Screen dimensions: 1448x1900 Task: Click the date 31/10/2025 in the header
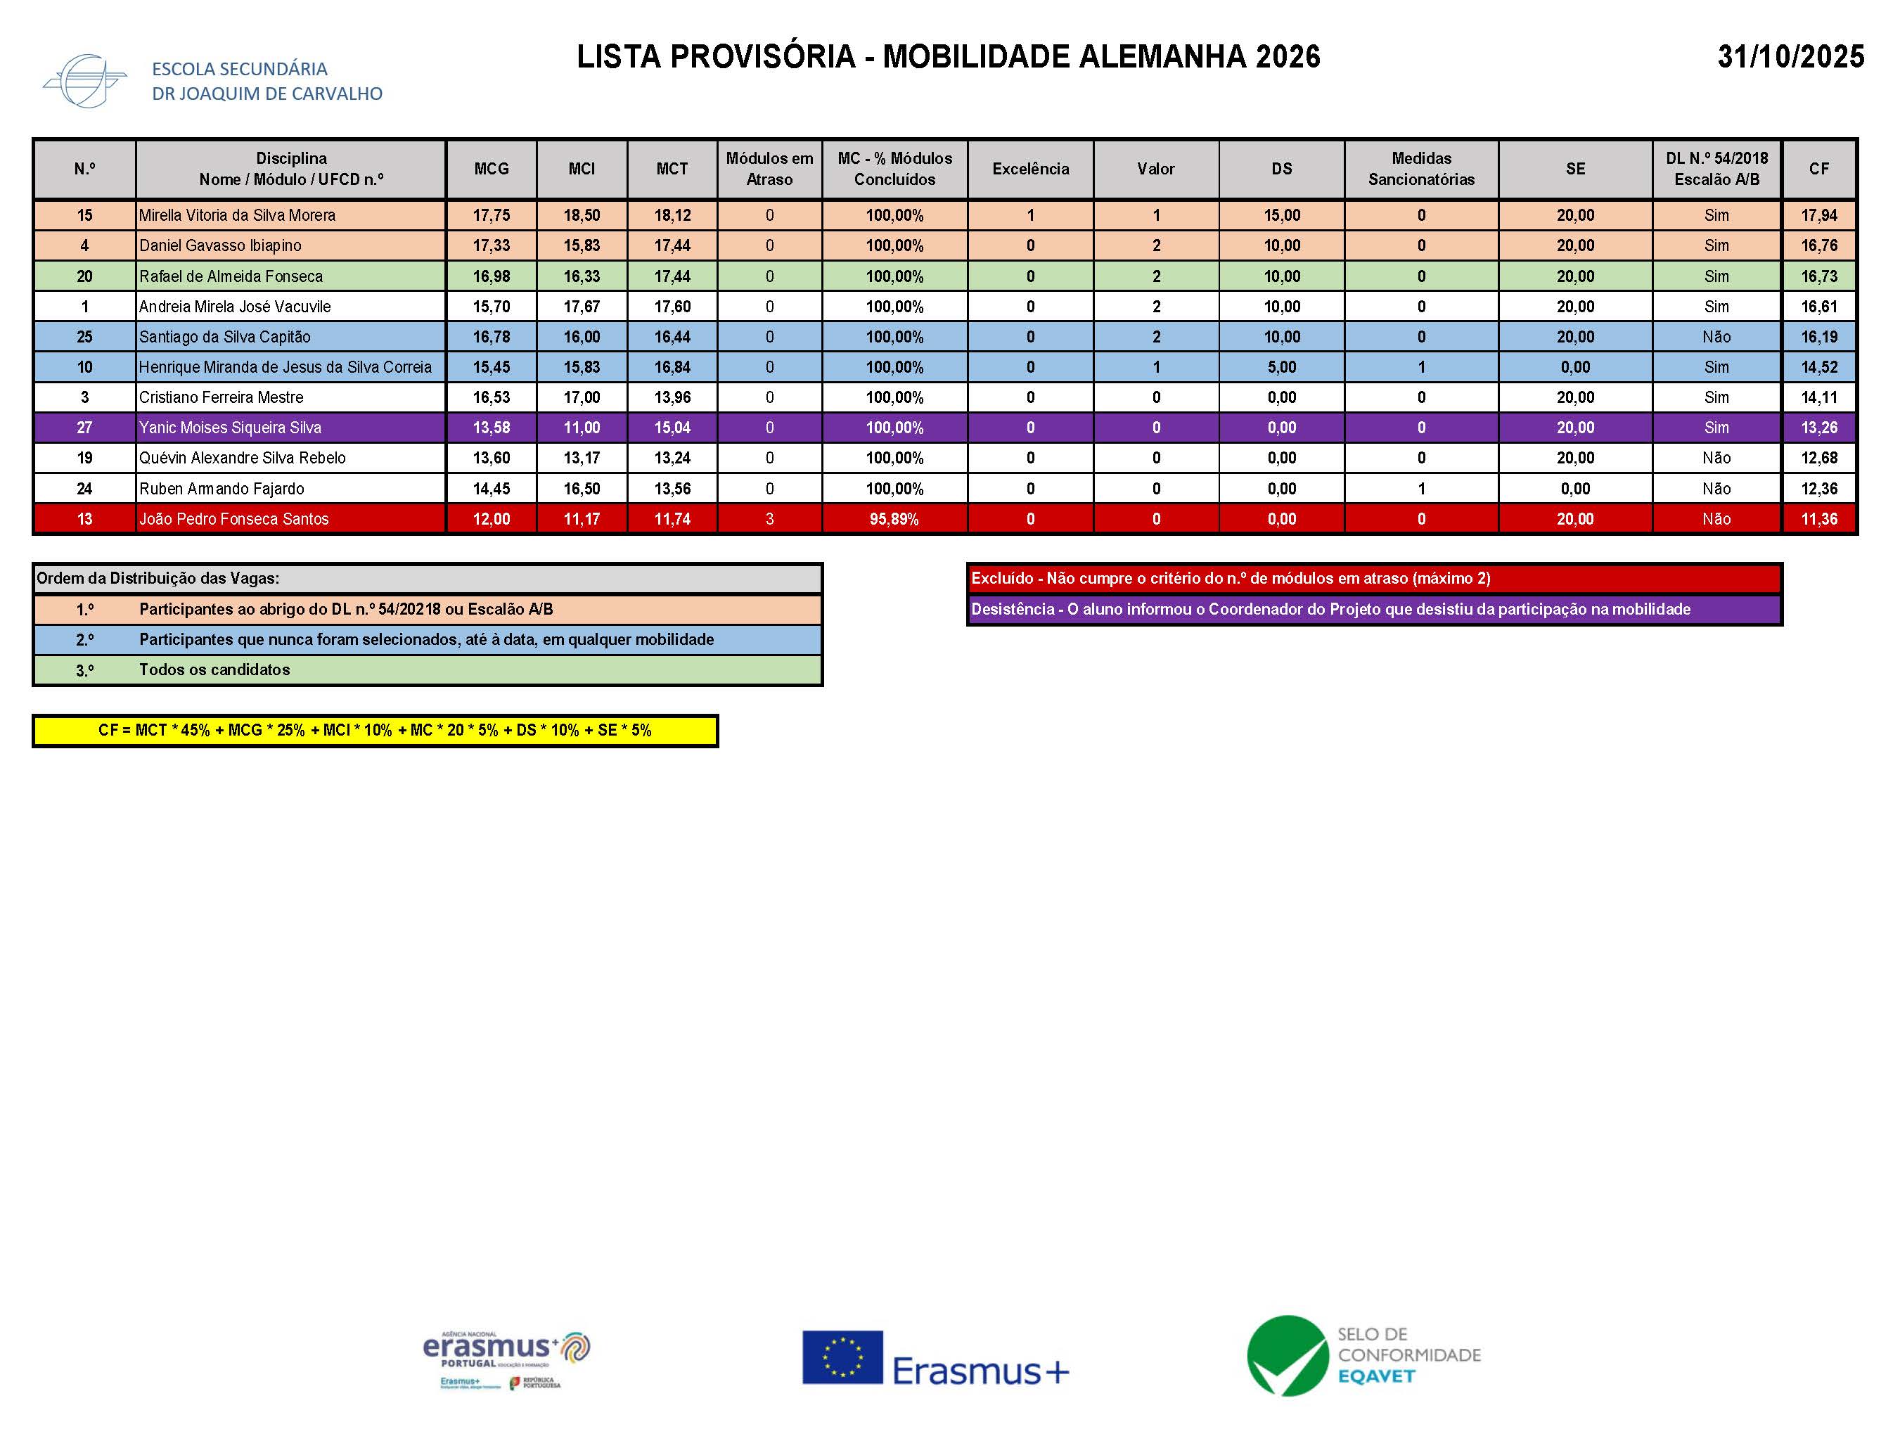[x=1790, y=57]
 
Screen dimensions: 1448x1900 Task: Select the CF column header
[x=1818, y=169]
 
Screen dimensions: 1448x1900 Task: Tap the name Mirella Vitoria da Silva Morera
[x=237, y=215]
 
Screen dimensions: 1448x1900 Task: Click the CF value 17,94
[x=1819, y=215]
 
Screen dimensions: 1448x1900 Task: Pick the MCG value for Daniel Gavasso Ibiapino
[x=491, y=245]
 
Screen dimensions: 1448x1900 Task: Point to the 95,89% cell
[x=894, y=519]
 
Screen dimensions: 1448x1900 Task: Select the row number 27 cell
[x=84, y=428]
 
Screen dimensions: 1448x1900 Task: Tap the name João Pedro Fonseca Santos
[x=233, y=519]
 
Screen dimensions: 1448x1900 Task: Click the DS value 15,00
[x=1281, y=215]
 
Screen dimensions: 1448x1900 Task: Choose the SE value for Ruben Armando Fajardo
[x=1574, y=489]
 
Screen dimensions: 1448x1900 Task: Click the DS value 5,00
[x=1281, y=367]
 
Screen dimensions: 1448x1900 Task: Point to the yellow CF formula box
[x=375, y=730]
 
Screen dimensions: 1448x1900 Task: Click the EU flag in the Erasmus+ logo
[x=842, y=1357]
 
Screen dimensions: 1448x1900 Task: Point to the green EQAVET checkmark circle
[x=1288, y=1356]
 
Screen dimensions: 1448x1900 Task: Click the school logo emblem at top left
[x=84, y=81]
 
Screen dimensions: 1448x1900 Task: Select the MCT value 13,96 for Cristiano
[x=672, y=397]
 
